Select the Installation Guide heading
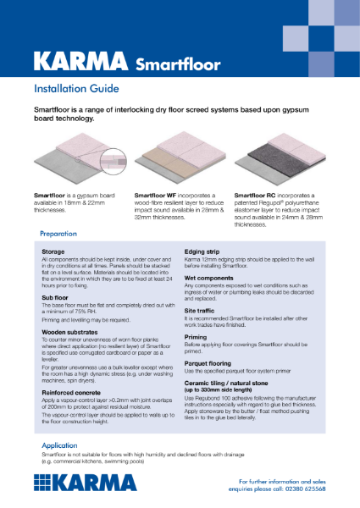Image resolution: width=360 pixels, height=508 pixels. coord(82,88)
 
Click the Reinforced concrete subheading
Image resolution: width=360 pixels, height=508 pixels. coord(72,392)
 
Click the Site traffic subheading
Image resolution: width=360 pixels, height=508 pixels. coord(204,308)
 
